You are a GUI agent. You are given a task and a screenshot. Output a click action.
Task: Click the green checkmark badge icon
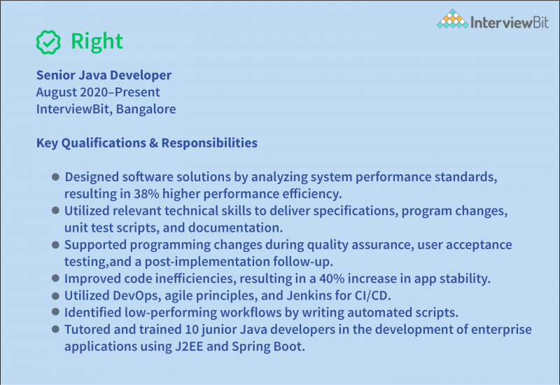pos(48,42)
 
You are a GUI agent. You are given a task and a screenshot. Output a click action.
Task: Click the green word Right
pos(97,42)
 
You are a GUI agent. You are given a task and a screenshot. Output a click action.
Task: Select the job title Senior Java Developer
pos(104,75)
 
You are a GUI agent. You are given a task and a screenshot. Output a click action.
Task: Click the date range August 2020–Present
pos(98,92)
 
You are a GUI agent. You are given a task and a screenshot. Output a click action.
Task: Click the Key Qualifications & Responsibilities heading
pos(146,143)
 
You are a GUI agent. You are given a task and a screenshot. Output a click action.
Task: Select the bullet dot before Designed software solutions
pos(55,177)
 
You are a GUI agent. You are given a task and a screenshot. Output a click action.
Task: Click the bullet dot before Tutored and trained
pos(55,330)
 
